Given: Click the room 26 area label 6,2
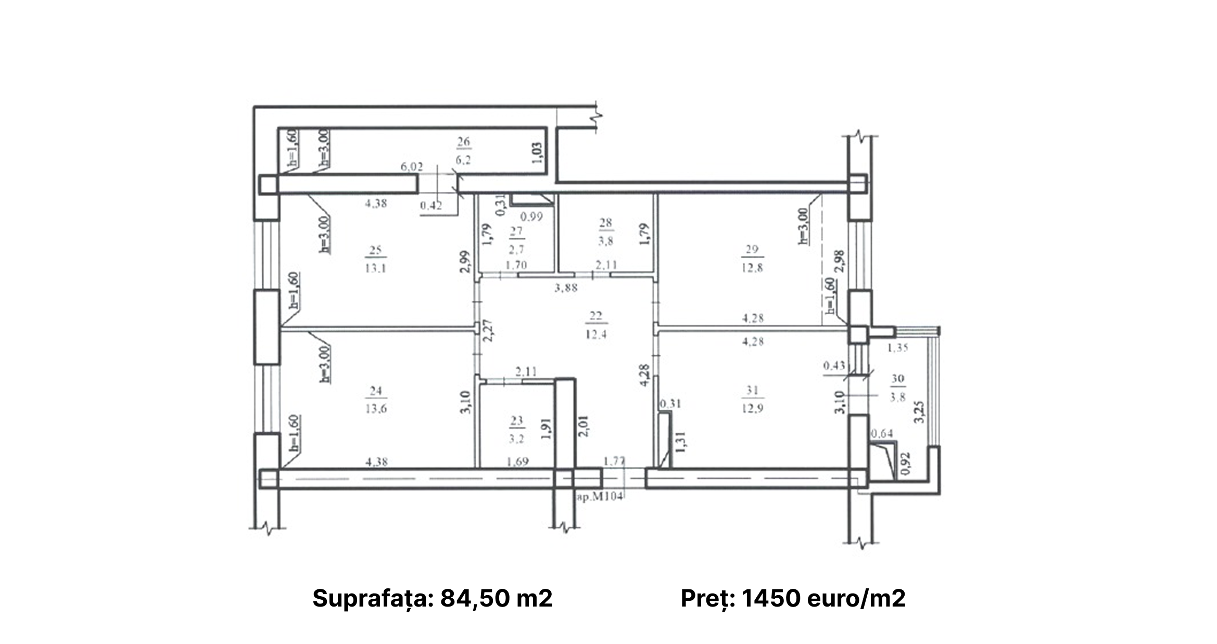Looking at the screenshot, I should (463, 160).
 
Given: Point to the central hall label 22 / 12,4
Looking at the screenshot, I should (596, 325).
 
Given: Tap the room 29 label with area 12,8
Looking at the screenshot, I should (752, 259).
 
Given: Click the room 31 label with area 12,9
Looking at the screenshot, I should (752, 399).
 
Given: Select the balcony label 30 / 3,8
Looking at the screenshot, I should (897, 388).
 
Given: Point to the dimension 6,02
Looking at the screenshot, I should (411, 167).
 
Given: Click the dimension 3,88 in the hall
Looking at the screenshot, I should (566, 288).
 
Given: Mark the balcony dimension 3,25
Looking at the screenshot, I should (920, 411).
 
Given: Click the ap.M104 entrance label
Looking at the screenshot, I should (600, 497).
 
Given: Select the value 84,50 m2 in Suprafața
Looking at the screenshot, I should (496, 598).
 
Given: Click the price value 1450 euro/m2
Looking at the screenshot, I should (823, 598).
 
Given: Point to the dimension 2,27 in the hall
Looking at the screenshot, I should (487, 331).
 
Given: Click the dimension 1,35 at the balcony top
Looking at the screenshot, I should (897, 348).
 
